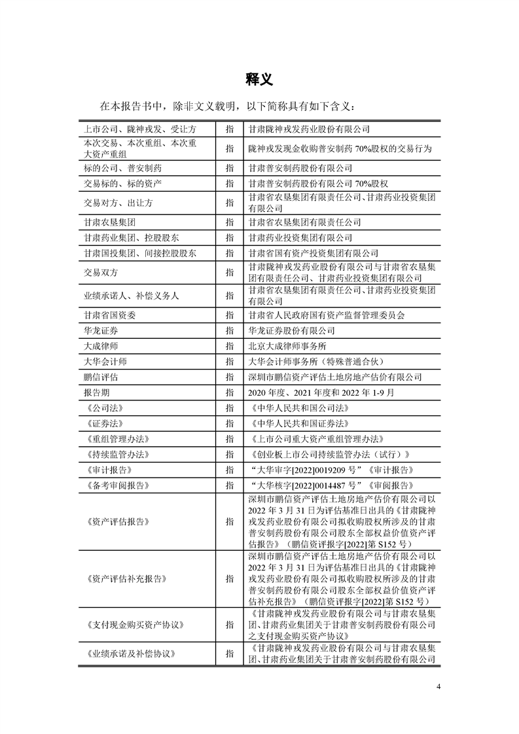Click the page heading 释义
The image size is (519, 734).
259,79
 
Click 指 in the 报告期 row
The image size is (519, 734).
229,393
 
